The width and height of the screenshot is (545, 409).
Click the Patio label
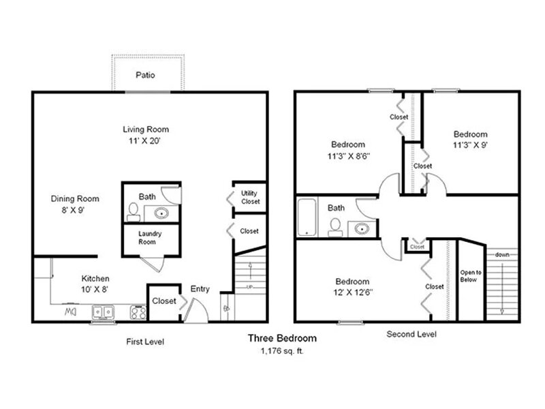point(145,75)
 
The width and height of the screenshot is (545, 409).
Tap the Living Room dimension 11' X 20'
point(144,141)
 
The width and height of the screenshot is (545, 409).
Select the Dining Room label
point(75,198)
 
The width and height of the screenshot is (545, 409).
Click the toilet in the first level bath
point(133,212)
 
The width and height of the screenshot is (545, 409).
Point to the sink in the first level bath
point(161,213)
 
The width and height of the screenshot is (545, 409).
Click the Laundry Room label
point(150,237)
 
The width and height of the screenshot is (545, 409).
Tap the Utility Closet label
point(250,197)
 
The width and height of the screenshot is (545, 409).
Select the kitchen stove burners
point(138,312)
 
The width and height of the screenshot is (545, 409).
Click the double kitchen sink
point(103,312)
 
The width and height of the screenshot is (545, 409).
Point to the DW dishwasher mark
point(71,312)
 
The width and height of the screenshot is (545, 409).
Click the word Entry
point(200,288)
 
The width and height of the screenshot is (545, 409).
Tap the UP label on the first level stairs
point(249,287)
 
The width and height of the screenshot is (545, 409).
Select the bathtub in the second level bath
point(307,217)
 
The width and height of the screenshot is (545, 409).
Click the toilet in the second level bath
point(335,227)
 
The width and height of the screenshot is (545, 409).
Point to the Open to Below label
point(471,276)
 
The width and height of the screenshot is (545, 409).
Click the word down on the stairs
point(502,254)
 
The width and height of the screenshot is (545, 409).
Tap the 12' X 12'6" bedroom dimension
point(352,292)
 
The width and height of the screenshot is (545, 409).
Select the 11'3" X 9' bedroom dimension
point(470,145)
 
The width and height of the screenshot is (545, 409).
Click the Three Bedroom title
point(282,338)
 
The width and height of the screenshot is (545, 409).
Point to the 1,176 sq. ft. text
point(282,351)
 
